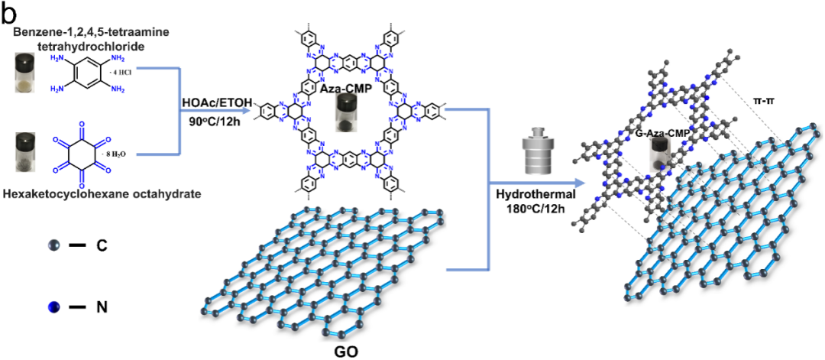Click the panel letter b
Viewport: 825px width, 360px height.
[10, 12]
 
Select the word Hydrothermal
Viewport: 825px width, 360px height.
[526, 194]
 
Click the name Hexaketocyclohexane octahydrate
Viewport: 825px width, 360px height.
[102, 195]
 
